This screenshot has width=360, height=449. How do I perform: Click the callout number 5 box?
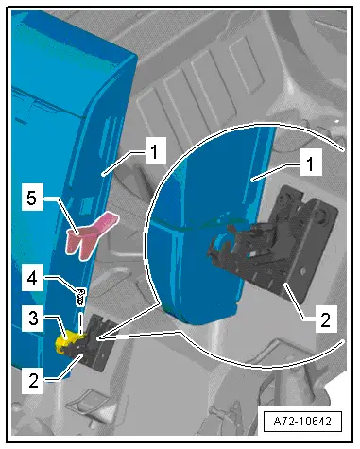pyautogui.click(x=32, y=199)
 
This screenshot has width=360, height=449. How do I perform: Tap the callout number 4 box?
pyautogui.click(x=32, y=279)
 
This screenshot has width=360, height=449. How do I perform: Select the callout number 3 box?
pyautogui.click(x=33, y=319)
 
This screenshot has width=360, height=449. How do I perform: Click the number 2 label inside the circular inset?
pyautogui.click(x=325, y=319)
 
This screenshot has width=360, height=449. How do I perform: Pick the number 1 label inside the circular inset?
pyautogui.click(x=311, y=164)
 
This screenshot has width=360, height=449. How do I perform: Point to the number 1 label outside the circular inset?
pyautogui.click(x=155, y=152)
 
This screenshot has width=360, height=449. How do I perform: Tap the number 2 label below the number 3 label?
pyautogui.click(x=33, y=381)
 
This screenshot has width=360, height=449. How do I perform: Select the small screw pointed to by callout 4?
pyautogui.click(x=81, y=297)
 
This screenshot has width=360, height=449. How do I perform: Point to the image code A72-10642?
pyautogui.click(x=302, y=421)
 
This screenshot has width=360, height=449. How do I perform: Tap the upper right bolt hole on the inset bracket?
pyautogui.click(x=321, y=216)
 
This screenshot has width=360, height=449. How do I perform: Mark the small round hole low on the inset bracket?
pyautogui.click(x=302, y=270)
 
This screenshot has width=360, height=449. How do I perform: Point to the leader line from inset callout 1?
pyautogui.click(x=276, y=172)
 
